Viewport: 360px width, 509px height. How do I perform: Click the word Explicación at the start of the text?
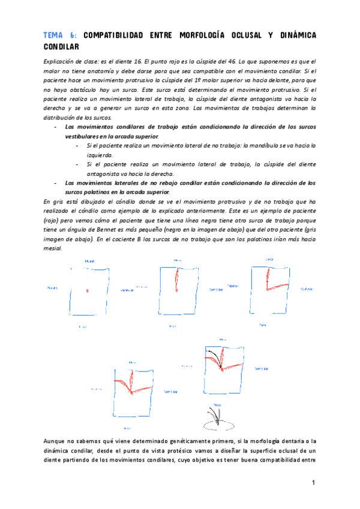[61, 61]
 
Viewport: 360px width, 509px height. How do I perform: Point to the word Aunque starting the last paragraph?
[57, 441]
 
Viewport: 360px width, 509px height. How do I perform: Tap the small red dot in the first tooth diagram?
[87, 291]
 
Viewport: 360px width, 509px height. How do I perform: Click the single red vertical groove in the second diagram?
[177, 279]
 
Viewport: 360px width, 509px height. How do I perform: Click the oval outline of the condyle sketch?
[218, 424]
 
